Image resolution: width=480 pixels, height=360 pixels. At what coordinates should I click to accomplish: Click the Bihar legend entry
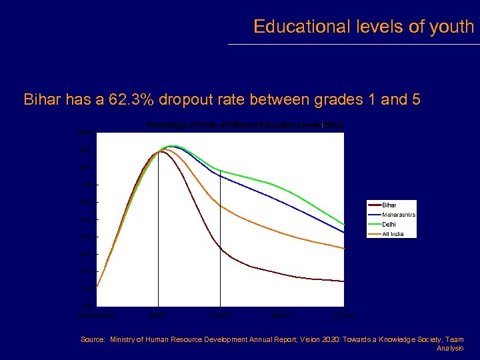point(389,205)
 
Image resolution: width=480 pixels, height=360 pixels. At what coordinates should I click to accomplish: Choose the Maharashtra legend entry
point(399,215)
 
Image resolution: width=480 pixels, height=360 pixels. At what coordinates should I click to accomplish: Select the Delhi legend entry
point(389,224)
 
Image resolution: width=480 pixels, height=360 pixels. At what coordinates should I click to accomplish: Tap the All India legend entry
point(393,233)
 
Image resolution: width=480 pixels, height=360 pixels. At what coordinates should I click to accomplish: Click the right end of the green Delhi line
point(343,225)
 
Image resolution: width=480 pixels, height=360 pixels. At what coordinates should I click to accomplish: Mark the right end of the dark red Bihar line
point(343,281)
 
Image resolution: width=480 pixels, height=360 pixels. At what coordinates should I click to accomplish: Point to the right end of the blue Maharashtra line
point(343,232)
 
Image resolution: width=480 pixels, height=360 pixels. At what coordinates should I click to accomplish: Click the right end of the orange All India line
point(343,249)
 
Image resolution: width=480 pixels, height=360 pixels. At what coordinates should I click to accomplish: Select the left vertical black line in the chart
point(158,233)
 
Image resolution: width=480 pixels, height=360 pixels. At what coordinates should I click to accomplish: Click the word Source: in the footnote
point(93,340)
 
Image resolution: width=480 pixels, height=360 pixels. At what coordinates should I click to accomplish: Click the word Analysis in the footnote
point(450,349)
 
